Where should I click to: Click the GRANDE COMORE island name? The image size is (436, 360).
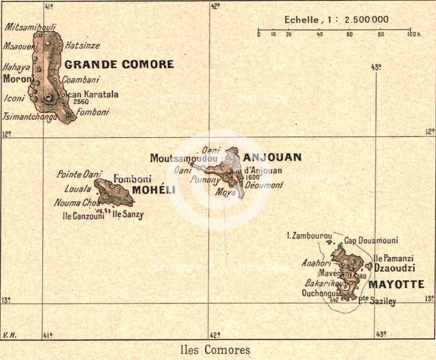[119, 65]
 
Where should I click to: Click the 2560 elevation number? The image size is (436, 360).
[80, 102]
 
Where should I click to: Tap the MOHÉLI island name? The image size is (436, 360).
[149, 190]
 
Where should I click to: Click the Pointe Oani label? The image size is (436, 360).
[78, 174]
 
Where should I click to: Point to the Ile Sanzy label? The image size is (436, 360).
[128, 214]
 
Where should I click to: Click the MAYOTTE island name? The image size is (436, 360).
[396, 284]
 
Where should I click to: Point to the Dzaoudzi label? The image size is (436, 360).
[395, 270]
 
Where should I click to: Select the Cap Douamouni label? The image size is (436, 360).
[371, 241]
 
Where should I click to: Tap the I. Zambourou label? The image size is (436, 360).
[309, 235]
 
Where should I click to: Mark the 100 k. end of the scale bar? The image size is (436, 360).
[414, 33]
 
